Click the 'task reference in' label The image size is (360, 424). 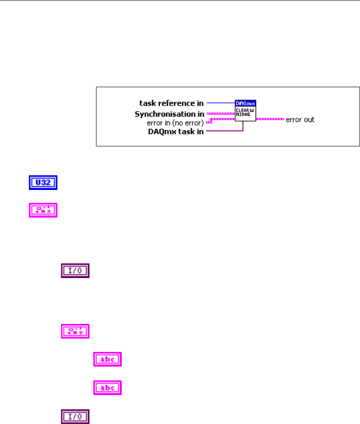pos(172,104)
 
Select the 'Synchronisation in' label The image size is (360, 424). pos(170,114)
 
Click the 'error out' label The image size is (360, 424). pos(300,119)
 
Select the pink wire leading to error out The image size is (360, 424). pos(270,119)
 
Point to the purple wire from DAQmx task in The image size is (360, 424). pos(224,132)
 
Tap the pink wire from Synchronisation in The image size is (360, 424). pos(221,114)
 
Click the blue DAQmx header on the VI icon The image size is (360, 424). pos(245,103)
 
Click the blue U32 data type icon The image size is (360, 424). pos(41,183)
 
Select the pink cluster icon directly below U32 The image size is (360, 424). pos(41,210)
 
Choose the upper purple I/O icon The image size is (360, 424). pos(75,271)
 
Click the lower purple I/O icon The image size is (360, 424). pos(75,416)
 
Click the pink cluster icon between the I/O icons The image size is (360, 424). pos(75,331)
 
